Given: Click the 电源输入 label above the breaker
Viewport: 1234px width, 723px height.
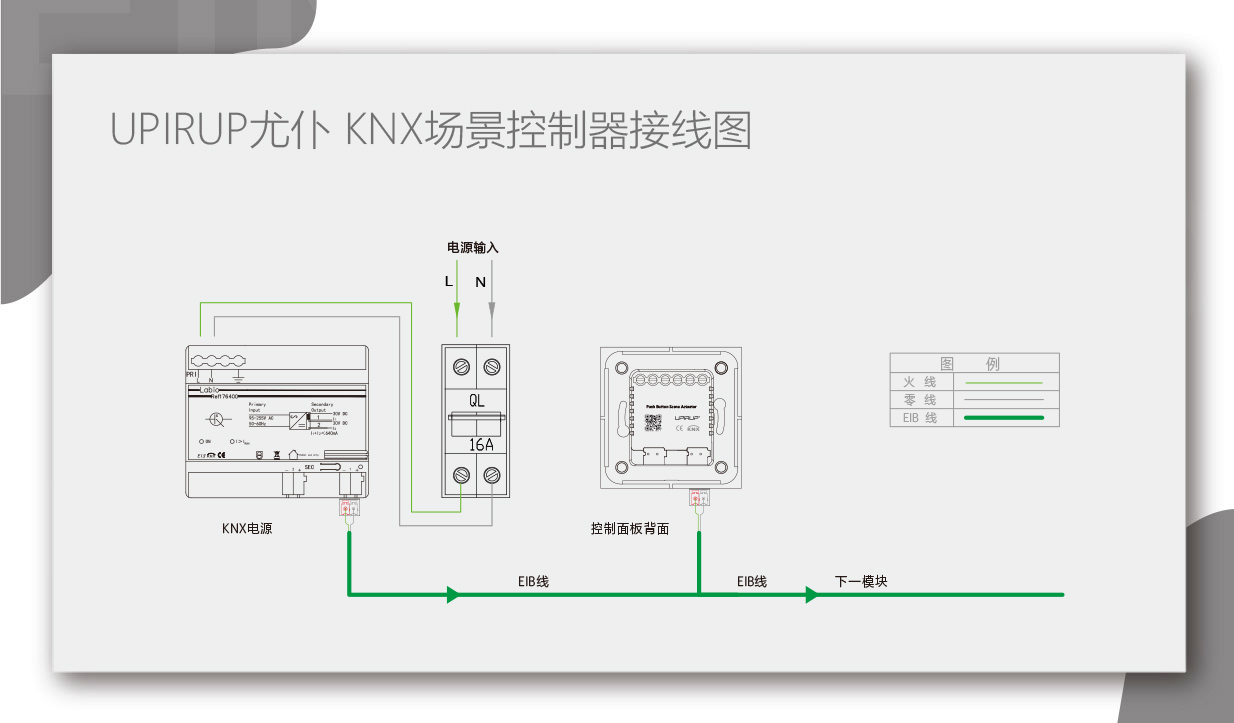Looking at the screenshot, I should point(472,247).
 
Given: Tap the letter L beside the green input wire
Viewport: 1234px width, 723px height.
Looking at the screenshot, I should point(448,282).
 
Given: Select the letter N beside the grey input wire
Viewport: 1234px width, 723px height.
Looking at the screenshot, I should point(480,282).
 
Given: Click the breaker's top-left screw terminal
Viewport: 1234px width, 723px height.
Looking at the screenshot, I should point(461,367).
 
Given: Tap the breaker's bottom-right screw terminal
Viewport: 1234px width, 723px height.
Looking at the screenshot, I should point(491,474).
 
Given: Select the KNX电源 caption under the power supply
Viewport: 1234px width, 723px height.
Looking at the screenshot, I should point(247,528).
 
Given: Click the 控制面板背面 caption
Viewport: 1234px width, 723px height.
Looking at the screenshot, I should point(630,528).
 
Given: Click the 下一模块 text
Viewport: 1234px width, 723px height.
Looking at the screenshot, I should point(861,581).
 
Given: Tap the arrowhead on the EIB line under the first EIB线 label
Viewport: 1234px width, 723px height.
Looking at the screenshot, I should point(453,595).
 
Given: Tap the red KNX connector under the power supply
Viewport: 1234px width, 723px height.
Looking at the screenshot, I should point(348,509).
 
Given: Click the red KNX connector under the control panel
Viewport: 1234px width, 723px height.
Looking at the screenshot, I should point(697,498).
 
